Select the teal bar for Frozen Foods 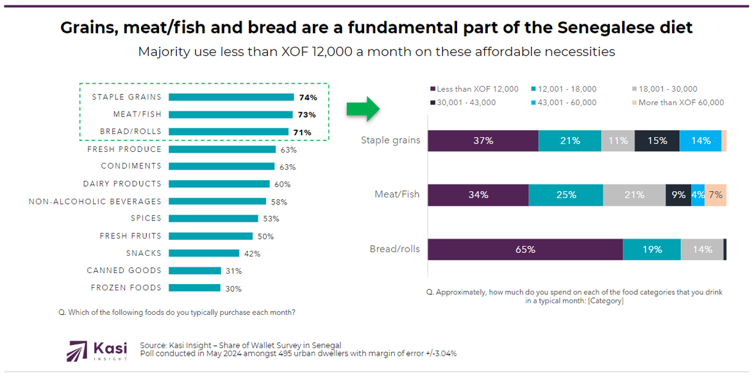[x=194, y=288]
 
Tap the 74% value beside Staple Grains [x=307, y=97]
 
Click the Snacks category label [x=144, y=253]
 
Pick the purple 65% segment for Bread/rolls [x=524, y=249]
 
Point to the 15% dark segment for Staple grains [x=657, y=140]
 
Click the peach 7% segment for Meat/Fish [x=716, y=194]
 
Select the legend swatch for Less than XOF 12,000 [x=433, y=89]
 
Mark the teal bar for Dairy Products [x=219, y=184]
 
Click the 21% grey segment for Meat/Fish [x=634, y=194]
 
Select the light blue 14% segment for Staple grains [x=700, y=140]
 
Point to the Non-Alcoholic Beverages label [x=95, y=201]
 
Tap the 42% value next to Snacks [x=252, y=253]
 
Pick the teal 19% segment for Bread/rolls [x=651, y=249]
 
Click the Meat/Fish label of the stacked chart [x=398, y=194]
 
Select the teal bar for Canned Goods [x=195, y=271]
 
